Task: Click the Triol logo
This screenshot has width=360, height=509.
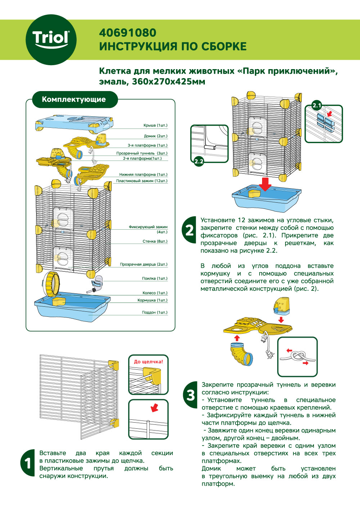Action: [x=51, y=39]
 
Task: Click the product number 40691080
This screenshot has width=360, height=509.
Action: [x=127, y=33]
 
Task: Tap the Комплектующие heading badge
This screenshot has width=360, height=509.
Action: [x=74, y=99]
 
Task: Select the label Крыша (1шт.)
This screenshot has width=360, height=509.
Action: [x=155, y=125]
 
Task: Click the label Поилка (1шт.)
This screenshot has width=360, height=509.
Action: [x=154, y=278]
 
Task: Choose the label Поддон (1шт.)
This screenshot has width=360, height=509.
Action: [x=154, y=312]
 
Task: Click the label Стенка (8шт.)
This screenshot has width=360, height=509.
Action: [x=155, y=241]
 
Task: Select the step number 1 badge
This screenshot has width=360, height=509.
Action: [x=28, y=463]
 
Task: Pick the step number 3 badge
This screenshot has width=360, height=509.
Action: [x=190, y=395]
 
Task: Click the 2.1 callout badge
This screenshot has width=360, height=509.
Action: [x=316, y=105]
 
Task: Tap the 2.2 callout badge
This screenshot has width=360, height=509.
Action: [x=199, y=161]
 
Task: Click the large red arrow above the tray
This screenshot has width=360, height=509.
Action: [x=265, y=184]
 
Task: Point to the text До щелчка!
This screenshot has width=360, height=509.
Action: [x=148, y=361]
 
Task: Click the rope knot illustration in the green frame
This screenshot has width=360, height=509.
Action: [x=297, y=357]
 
